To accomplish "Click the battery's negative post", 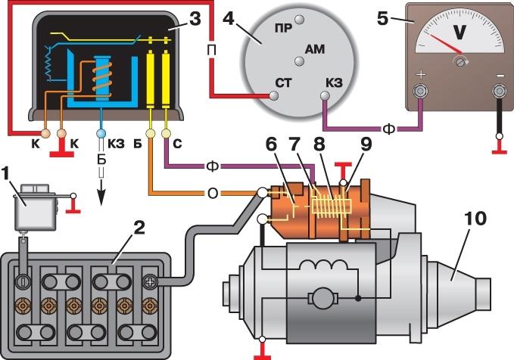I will point(23,283).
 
